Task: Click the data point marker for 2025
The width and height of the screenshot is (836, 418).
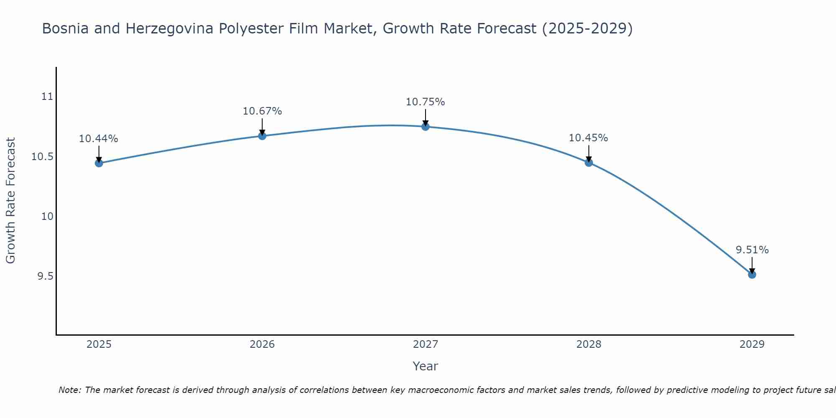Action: point(99,163)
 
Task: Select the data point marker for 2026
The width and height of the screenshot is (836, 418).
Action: point(262,136)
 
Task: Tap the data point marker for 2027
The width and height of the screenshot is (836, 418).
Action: point(426,127)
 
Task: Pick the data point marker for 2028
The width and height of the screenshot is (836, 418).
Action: point(589,163)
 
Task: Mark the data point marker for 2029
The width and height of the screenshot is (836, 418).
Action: point(752,275)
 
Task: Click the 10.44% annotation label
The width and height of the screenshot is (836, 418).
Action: point(99,139)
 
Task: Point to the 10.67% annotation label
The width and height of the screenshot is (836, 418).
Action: point(262,111)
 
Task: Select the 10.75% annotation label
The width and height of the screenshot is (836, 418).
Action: point(426,102)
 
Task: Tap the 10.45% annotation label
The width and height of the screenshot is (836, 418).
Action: point(589,138)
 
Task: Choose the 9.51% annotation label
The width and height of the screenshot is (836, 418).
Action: point(752,250)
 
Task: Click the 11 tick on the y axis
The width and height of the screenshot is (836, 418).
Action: point(48,97)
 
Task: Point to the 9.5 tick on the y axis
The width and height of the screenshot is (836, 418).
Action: point(45,276)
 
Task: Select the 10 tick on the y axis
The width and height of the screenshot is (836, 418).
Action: point(47,217)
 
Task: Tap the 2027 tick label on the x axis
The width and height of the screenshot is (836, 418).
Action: point(426,344)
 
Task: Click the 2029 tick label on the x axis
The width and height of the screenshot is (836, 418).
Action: point(752,344)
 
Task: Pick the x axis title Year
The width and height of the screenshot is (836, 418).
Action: point(426,366)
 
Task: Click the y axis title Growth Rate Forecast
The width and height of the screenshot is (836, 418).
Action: point(11,201)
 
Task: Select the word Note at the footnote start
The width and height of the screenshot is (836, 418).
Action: point(69,390)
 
